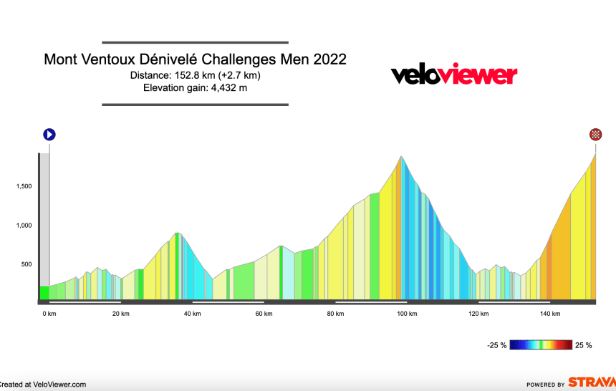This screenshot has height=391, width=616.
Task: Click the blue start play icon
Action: point(49,134)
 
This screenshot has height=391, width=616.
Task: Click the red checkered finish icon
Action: point(595,134)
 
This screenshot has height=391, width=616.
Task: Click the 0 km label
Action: point(49,314)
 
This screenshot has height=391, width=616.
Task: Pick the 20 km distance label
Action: point(120,314)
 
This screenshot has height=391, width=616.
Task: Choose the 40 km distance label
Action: point(192,314)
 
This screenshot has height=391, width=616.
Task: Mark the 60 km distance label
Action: point(264,314)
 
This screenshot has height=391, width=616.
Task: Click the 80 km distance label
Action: point(335,314)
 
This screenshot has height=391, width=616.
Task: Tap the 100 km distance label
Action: point(406,314)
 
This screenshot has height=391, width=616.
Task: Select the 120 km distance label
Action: point(478,314)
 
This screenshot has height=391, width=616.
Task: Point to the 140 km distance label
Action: point(549,314)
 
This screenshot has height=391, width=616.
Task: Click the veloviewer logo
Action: point(453,74)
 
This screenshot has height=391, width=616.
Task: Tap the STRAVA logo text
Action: point(592,382)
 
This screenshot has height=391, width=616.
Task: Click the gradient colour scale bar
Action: point(541,345)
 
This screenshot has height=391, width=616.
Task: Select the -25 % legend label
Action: point(497,345)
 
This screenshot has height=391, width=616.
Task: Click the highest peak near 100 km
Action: point(401,157)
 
